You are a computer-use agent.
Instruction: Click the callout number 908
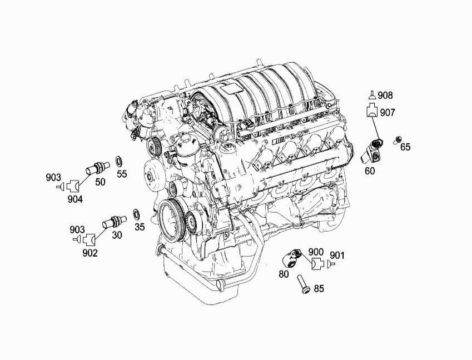pos(385,96)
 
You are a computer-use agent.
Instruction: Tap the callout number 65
pos(405,147)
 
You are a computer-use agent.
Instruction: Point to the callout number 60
pos(370,171)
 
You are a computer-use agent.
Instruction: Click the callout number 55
pos(122,173)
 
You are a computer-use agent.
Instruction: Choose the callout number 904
pos(75,199)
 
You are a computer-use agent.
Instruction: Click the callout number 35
pos(140,227)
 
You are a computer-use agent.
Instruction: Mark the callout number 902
pos(90,253)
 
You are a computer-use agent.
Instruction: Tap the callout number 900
pos(316,252)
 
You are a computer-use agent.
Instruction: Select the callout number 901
pos(337,255)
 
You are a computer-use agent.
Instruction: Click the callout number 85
pos(319,288)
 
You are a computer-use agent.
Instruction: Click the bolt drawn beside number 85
pos(302,284)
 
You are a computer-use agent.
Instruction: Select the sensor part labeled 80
pos(291,258)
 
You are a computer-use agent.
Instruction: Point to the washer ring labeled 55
pos(119,162)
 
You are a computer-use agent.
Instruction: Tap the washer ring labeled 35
pos(136,214)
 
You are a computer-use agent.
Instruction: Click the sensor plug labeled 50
pos(97,168)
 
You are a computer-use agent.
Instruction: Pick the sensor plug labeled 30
pos(115,221)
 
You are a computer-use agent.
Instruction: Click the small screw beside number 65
pos(398,140)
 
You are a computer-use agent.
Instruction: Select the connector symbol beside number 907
pos(372,110)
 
